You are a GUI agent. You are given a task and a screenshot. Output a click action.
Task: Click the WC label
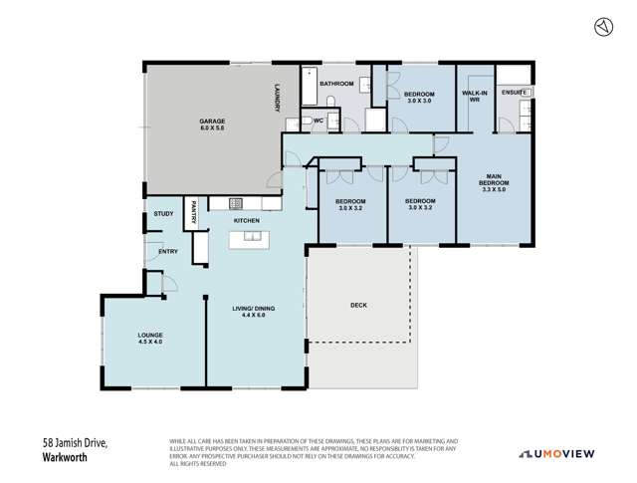point(318,121)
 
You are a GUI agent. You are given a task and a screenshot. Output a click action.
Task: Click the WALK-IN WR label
point(474,97)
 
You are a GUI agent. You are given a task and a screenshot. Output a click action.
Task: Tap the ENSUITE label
point(515,93)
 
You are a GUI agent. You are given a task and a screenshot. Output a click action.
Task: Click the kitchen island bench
point(246,239)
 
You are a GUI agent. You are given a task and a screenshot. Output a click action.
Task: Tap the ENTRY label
point(168,251)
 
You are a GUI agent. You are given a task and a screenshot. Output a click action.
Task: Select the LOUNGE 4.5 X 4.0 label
point(151,338)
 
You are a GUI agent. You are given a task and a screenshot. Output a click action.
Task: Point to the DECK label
point(359,306)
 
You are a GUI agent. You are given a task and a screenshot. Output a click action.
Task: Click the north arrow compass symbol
point(601,27)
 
